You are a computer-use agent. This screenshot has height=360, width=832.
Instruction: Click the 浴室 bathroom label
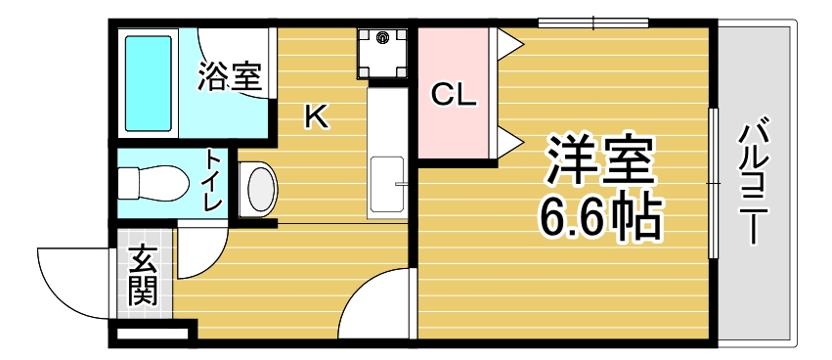230,76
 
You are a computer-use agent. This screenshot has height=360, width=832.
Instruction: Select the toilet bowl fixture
152,183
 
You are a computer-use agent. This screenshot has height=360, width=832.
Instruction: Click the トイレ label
212,181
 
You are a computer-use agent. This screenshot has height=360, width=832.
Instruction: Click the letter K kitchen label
315,117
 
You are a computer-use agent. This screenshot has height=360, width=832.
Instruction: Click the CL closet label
454,95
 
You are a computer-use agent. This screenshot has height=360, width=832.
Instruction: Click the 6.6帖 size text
599,217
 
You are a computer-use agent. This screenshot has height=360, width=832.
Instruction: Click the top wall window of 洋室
593,22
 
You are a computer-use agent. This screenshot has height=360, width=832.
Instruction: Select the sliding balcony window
714,181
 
